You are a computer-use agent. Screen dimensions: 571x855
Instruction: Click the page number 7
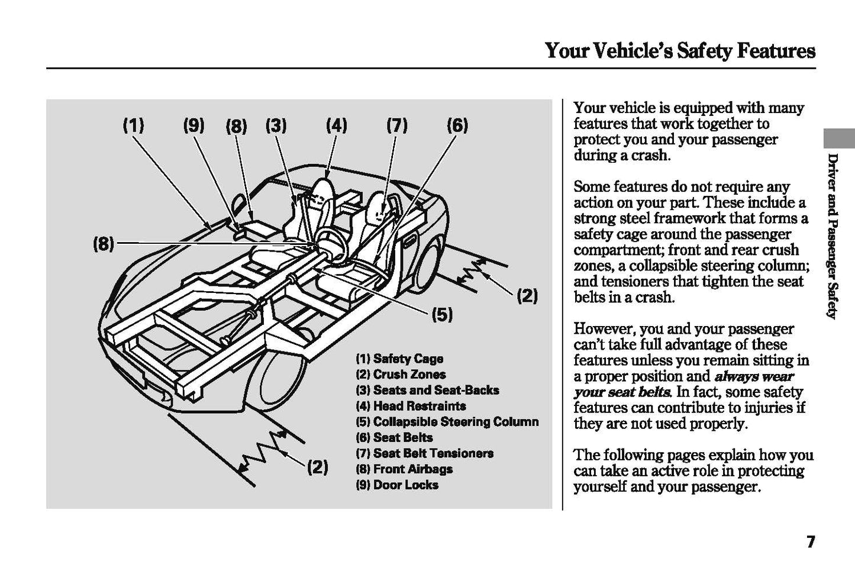tap(810, 541)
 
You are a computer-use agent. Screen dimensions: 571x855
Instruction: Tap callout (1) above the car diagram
tap(133, 125)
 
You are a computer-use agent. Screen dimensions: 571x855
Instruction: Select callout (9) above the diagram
tap(193, 125)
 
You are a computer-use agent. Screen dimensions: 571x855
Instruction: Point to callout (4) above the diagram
tap(336, 125)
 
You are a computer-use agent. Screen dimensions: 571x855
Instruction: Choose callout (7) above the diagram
tap(397, 125)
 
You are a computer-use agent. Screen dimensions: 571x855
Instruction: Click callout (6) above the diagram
tap(457, 125)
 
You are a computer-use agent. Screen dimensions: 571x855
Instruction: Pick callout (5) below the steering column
tap(441, 315)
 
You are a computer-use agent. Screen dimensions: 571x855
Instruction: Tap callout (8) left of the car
tap(104, 243)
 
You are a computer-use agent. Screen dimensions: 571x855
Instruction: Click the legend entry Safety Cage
tap(399, 359)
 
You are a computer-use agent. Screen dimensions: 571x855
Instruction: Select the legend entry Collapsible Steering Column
tap(447, 422)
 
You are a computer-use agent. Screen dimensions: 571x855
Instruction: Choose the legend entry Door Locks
tap(397, 485)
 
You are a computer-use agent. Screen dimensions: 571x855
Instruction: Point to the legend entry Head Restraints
tap(411, 406)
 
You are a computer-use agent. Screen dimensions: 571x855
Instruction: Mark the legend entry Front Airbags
tap(404, 469)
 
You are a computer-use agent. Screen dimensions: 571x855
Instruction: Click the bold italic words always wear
tap(754, 376)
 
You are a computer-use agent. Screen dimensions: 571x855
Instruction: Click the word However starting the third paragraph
tap(603, 329)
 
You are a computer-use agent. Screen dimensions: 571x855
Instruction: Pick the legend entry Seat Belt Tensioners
tap(424, 453)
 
